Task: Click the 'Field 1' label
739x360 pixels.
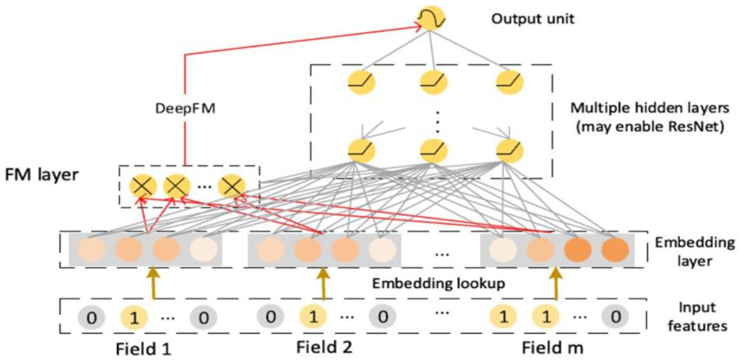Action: tap(142, 347)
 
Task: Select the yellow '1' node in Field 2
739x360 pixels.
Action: tap(311, 317)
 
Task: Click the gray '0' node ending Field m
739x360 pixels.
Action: tap(614, 317)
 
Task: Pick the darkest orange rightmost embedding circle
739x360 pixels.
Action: tap(614, 249)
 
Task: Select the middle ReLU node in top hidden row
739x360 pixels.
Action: tap(431, 82)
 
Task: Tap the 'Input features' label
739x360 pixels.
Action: tap(697, 317)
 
